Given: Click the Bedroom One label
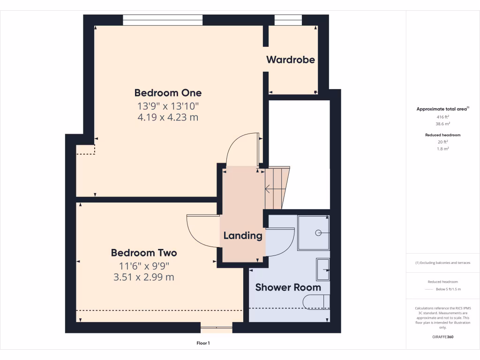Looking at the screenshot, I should tap(168, 92).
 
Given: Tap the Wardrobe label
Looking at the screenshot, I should tap(291, 60).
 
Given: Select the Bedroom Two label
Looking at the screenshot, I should tap(144, 253).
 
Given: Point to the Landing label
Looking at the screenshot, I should tap(242, 235).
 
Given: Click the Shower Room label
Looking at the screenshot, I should tap(288, 287).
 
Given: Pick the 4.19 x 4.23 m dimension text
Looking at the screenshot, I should tap(168, 117).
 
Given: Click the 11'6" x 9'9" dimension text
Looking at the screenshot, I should tap(144, 266).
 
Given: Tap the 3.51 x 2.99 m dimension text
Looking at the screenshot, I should tap(144, 277).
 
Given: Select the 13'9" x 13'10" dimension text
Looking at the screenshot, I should tap(168, 105).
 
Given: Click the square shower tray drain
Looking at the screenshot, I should tap(318, 232).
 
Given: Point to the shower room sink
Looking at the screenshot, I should tap(323, 271).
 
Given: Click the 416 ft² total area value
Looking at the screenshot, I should tap(443, 116).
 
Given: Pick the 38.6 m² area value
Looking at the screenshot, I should tap(443, 124).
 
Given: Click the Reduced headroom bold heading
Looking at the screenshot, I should tap(443, 135).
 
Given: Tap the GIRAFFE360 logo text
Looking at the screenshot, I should tap(443, 337).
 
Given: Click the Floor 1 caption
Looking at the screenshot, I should tap(203, 343).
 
